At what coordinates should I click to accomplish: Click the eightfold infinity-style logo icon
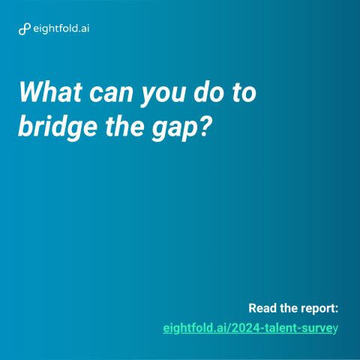click(25, 29)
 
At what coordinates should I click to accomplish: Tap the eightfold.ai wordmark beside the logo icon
click(61, 28)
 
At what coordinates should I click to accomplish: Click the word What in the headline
click(50, 91)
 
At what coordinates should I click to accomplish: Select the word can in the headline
click(111, 94)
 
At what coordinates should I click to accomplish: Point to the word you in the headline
click(163, 96)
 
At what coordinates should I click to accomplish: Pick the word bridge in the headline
click(58, 127)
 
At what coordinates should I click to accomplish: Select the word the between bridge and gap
click(124, 125)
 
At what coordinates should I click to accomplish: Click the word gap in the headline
click(175, 130)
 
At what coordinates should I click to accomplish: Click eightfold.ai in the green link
click(194, 328)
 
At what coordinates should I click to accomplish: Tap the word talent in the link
click(281, 328)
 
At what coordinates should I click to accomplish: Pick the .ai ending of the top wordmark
click(83, 28)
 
